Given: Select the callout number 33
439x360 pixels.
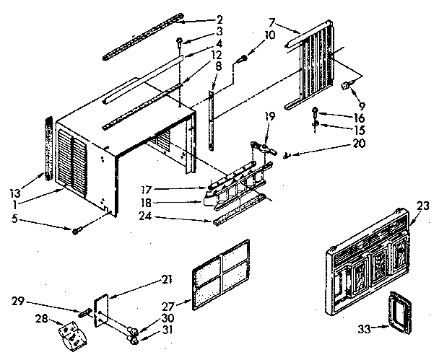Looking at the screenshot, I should (x=364, y=330).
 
